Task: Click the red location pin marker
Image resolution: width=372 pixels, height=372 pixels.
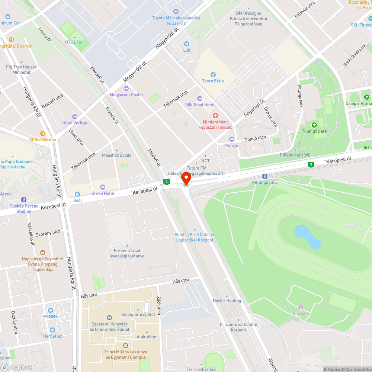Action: coord(186,179)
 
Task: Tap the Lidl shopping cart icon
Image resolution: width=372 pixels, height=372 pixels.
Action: coord(186,44)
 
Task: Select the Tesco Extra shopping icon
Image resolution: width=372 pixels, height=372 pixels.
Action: coord(213,75)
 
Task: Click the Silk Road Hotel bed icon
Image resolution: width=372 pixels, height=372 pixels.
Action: coord(200,99)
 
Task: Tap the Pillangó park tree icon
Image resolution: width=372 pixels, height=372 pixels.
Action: coord(314,125)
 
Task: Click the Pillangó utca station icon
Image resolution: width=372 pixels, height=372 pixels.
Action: coord(264,176)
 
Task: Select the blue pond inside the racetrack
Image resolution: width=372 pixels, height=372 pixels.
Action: coord(307,237)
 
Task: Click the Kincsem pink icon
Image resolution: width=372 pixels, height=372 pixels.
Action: coord(301,308)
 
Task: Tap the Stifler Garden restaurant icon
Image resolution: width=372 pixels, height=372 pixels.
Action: coord(43,134)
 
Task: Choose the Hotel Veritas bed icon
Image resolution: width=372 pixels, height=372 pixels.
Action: coord(74,117)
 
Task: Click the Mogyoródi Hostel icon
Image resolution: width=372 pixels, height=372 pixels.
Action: coord(126,88)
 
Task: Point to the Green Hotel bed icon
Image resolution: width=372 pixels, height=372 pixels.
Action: coord(103,187)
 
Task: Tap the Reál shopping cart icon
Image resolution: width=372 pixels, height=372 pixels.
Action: coord(77,194)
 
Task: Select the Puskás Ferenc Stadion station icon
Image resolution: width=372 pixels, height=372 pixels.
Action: coord(24,200)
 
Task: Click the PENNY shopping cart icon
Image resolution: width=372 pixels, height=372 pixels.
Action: coord(50,310)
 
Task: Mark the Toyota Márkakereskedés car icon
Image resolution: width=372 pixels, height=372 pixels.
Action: coord(176,12)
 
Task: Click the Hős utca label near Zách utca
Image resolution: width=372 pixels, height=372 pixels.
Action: coord(181,280)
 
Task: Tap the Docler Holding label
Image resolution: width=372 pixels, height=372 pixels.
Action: coord(227,301)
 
